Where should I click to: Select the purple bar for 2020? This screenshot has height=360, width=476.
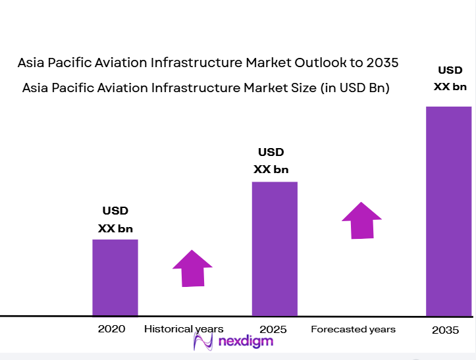(x=115, y=277)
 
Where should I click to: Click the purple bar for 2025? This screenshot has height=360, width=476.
(x=275, y=249)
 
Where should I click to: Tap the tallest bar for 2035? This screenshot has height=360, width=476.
(x=448, y=211)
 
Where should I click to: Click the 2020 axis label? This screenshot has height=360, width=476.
(x=111, y=329)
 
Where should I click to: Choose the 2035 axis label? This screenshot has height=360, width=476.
(x=445, y=330)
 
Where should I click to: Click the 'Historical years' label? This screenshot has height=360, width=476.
(x=184, y=329)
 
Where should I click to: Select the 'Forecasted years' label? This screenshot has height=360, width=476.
(x=353, y=329)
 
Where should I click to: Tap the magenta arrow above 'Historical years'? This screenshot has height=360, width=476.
(x=192, y=268)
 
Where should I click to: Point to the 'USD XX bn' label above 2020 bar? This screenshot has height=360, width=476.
(x=115, y=220)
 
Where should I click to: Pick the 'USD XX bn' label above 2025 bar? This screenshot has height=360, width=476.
(x=271, y=161)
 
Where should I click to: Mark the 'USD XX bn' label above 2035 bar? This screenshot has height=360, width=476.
(x=450, y=78)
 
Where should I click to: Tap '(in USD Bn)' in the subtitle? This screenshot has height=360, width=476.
(x=355, y=88)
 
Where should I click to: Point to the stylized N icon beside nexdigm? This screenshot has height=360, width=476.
(x=202, y=341)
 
